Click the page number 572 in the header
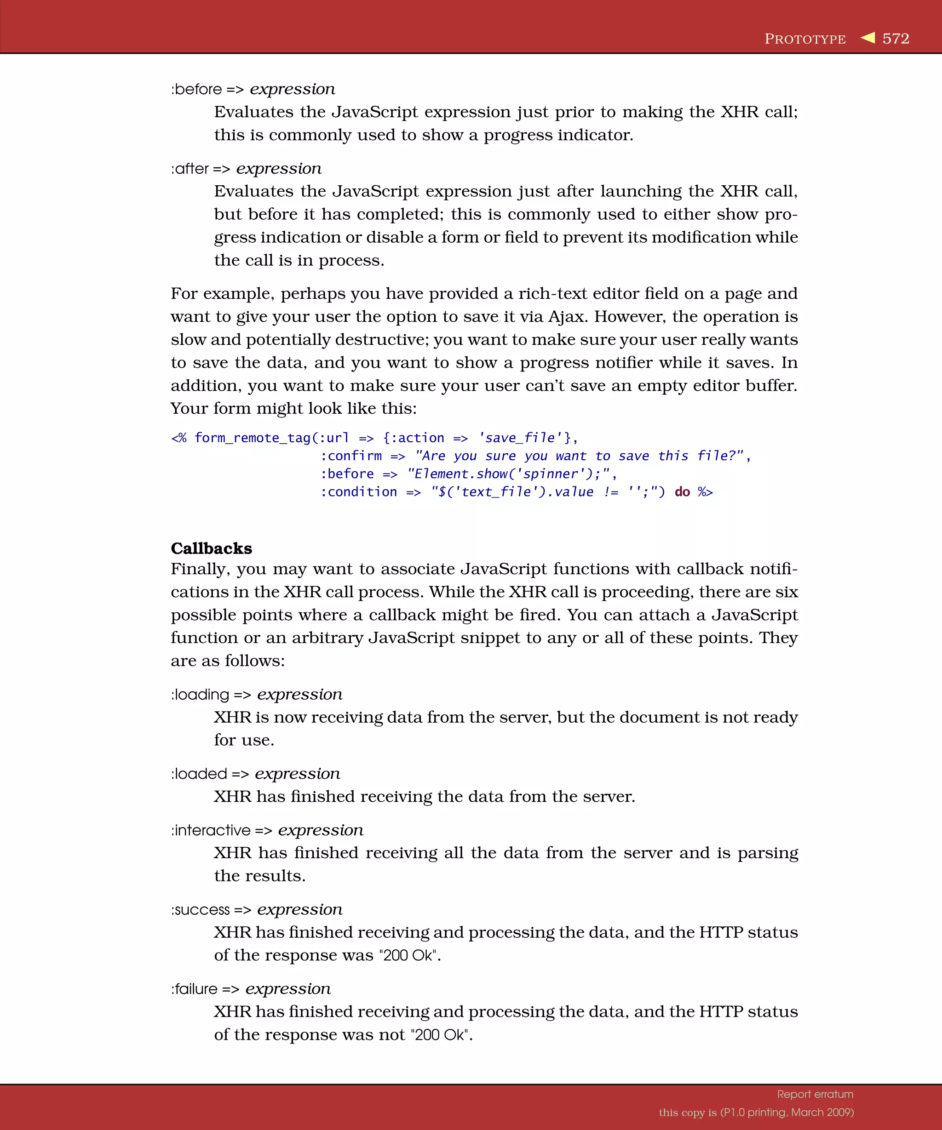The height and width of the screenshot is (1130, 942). coord(896,39)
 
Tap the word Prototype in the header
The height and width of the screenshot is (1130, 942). coord(805,39)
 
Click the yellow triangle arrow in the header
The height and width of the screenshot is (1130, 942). coord(867,37)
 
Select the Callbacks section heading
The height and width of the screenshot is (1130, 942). coord(211,548)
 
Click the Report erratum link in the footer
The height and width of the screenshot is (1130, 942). coord(815,1094)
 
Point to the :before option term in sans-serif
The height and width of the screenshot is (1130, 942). coord(196,89)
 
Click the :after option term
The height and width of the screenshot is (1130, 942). coord(190,169)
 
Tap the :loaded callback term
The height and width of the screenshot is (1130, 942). coord(199,774)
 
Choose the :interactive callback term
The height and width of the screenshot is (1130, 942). coord(211,830)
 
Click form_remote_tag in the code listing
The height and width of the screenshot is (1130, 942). coord(253,438)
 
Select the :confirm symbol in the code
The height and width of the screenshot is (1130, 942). coord(351,457)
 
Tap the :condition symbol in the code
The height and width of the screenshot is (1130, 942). coord(358,492)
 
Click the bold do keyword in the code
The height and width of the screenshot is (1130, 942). coord(682,492)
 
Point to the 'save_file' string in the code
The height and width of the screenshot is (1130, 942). coord(520,438)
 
